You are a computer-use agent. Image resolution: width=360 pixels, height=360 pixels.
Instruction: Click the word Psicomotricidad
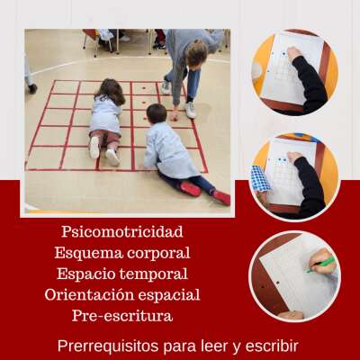point(122,231)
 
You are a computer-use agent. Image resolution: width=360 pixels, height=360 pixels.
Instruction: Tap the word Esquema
point(89,253)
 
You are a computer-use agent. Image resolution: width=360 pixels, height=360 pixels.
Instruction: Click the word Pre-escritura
point(122,316)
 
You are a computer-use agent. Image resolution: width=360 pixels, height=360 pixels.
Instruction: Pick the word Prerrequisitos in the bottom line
point(108,346)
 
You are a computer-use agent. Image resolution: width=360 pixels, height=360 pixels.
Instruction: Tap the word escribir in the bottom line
point(272,346)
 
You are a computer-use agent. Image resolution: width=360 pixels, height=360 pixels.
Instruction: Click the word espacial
point(170,294)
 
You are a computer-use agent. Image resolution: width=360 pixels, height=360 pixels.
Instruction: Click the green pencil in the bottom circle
point(321,265)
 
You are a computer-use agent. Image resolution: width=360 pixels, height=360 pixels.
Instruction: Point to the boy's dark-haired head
point(157,112)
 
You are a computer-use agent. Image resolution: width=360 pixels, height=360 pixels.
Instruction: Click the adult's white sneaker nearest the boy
point(191,110)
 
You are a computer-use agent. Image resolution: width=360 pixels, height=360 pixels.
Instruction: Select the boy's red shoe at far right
point(221,198)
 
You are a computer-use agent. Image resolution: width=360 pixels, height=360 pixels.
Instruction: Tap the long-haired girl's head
point(110,90)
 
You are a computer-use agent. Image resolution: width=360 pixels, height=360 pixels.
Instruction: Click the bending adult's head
point(196,54)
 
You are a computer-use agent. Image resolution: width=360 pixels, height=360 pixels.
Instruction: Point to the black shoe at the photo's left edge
point(32,88)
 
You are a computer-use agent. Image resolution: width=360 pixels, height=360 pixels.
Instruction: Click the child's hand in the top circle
point(293,54)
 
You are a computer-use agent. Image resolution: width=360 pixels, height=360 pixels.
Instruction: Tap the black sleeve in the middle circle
point(310,184)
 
